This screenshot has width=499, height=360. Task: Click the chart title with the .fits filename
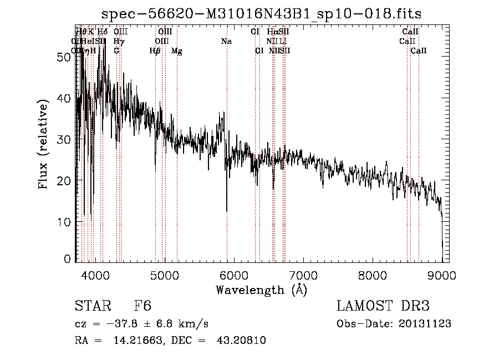[x=266, y=14]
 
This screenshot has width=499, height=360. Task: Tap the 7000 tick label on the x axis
[x=303, y=274]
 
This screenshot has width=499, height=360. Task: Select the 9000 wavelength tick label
[x=442, y=274]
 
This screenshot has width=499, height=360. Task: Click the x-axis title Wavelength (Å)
[x=261, y=290]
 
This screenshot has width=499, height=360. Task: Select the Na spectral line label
[x=226, y=42]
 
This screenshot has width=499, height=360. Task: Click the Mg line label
[x=177, y=51]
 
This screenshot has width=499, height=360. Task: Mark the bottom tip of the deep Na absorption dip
[x=227, y=211]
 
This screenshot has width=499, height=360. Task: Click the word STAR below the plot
[x=89, y=307]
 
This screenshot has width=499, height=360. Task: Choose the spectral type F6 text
[x=142, y=307]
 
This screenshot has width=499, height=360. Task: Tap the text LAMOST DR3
[x=383, y=307]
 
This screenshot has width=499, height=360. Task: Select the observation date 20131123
[x=425, y=324]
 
